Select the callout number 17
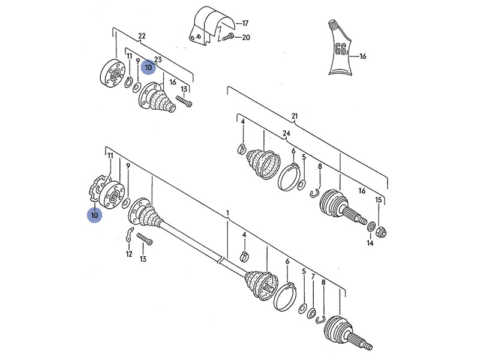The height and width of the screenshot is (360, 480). click(245, 23)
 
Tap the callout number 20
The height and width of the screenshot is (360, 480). click(245, 37)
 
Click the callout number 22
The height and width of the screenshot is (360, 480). click(142, 36)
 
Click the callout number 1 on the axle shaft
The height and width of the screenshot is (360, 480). click(228, 214)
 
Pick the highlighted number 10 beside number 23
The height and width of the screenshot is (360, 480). click(148, 68)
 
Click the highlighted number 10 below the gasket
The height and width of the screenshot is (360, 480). click(94, 214)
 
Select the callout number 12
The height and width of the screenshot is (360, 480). click(128, 254)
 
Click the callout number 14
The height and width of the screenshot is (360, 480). click(370, 244)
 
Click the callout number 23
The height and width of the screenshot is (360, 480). click(158, 59)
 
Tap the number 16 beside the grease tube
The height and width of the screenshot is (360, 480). click(362, 57)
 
